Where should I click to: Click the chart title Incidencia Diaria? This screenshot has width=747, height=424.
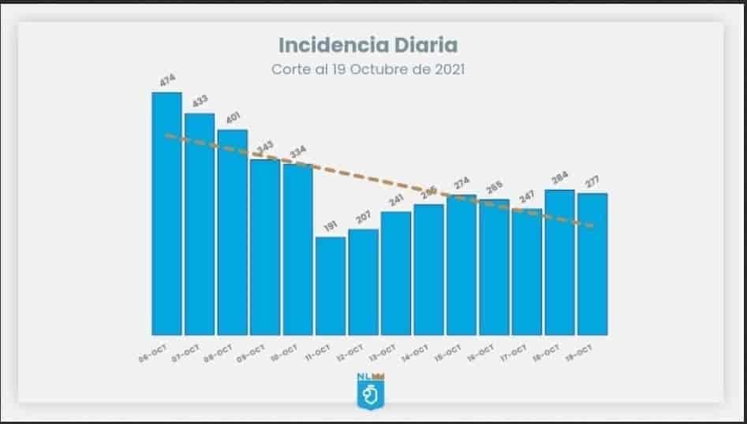click(x=368, y=43)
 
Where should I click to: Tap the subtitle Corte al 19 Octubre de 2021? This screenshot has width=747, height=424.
click(x=368, y=69)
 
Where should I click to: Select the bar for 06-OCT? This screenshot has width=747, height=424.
click(x=166, y=213)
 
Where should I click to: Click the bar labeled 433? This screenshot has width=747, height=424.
click(x=200, y=224)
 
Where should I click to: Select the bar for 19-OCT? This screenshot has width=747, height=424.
click(x=592, y=263)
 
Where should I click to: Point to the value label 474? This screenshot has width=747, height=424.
click(x=168, y=80)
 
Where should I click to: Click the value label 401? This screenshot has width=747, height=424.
click(x=233, y=118)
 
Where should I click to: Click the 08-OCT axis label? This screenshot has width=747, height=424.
click(x=218, y=351)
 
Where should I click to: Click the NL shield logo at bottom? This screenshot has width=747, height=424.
click(x=369, y=391)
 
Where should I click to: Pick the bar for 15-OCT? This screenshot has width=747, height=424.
click(x=461, y=264)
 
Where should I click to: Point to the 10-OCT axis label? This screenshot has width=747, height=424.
click(x=284, y=351)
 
